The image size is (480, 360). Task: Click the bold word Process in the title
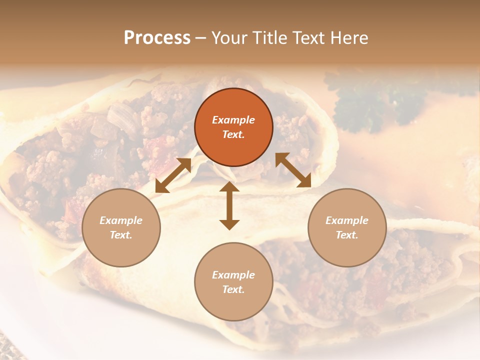157,38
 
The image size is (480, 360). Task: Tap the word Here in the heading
348,38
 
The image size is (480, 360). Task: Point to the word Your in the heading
228,38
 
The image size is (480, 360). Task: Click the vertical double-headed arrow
229,206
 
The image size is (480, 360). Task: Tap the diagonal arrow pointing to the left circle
173,175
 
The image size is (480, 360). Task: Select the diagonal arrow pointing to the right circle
293,170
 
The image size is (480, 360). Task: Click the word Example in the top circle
233,120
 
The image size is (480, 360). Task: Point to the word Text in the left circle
120,235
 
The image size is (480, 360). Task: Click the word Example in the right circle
347,220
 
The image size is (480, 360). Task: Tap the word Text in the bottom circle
233,289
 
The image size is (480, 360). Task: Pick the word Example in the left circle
121,220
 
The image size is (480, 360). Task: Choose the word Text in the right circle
346,235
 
